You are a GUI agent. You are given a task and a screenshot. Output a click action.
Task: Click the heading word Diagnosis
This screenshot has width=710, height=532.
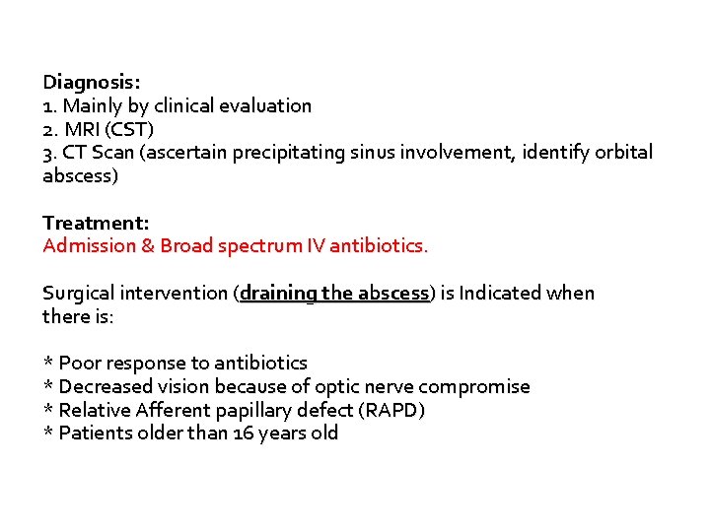click(x=84, y=83)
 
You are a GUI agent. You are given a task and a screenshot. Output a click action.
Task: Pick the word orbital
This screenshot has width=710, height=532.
click(x=620, y=153)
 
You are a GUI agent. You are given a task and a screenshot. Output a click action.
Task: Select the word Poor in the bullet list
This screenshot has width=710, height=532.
click(x=79, y=364)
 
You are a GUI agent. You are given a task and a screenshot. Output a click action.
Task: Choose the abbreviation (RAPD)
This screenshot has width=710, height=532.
click(x=394, y=410)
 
